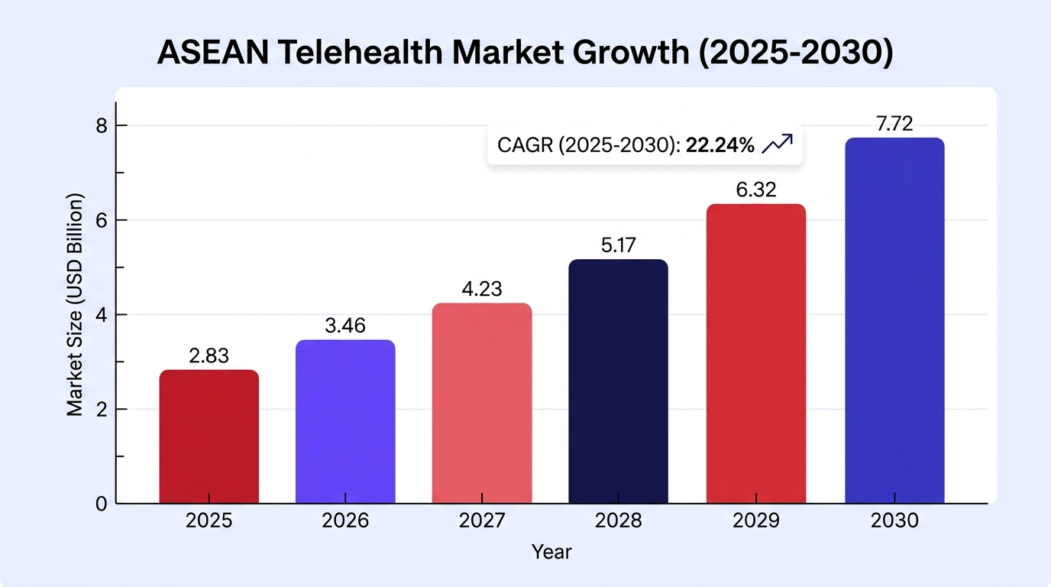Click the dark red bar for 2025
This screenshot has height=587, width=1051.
point(209,436)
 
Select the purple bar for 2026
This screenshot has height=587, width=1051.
point(345,422)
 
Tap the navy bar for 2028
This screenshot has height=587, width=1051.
point(619,381)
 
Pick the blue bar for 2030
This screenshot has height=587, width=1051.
point(894,321)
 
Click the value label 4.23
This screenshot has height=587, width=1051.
point(482,289)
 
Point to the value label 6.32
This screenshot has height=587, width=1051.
point(756,190)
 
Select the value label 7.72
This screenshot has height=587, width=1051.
point(894,124)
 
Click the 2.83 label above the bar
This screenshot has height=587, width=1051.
point(209,355)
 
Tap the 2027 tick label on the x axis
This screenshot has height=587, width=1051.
point(482,521)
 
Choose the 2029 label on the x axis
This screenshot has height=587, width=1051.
point(756,521)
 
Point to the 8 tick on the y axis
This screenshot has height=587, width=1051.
point(102,126)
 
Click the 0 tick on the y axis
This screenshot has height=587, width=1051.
point(102,504)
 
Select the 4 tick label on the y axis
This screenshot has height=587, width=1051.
point(102,315)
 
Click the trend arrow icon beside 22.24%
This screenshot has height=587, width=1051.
point(778,144)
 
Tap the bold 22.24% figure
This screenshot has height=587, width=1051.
point(720,145)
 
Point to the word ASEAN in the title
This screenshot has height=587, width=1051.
point(213,52)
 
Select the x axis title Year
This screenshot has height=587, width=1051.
point(551,553)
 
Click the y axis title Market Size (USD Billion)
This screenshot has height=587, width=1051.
point(75,305)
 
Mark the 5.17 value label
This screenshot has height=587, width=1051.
point(619,245)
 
